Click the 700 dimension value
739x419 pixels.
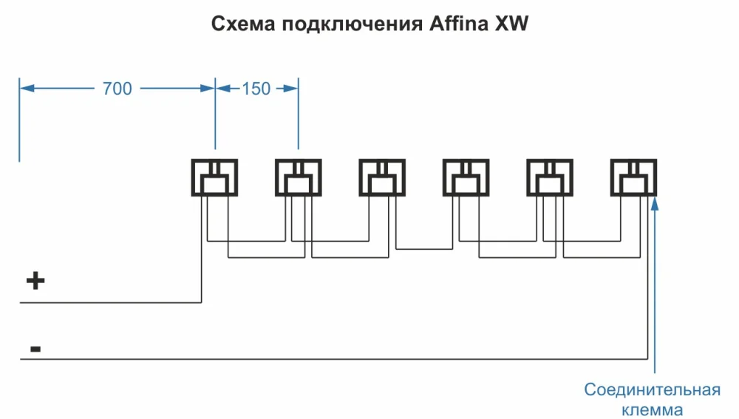click(x=117, y=89)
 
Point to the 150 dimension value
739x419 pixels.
click(x=256, y=89)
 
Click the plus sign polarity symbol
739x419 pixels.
click(x=35, y=281)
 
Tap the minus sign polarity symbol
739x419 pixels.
click(x=35, y=347)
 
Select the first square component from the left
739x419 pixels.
click(x=215, y=177)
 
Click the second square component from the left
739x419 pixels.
click(x=299, y=177)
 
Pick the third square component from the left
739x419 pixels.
click(x=382, y=177)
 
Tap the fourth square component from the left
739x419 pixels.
click(x=466, y=177)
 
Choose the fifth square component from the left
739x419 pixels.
click(x=549, y=177)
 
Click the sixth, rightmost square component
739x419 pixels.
click(x=633, y=177)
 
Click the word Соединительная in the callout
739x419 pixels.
click(x=652, y=389)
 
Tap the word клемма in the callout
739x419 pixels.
click(x=653, y=409)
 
